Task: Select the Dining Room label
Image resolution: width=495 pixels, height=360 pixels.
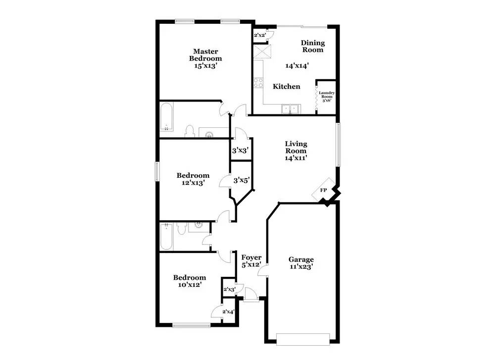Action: [x=312, y=46]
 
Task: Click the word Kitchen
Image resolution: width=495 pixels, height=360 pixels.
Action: [x=287, y=87]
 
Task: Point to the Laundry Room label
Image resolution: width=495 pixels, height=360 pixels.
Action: [x=326, y=95]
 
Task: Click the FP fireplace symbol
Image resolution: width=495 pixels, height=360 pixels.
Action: [x=323, y=190]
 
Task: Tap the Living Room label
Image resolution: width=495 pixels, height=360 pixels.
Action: [x=296, y=147]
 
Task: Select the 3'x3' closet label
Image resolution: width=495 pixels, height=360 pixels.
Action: [x=240, y=151]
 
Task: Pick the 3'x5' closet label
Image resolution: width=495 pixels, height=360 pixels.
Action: [x=241, y=180]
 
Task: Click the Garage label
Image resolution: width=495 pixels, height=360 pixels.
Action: [x=301, y=259]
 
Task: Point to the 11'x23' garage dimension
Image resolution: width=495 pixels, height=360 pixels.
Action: [x=301, y=267]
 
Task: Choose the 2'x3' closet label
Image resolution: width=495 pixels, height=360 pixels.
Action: [x=230, y=289]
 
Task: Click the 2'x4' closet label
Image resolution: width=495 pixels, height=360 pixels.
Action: [x=228, y=311]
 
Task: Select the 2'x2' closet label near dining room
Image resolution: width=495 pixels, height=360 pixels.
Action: [x=259, y=36]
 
